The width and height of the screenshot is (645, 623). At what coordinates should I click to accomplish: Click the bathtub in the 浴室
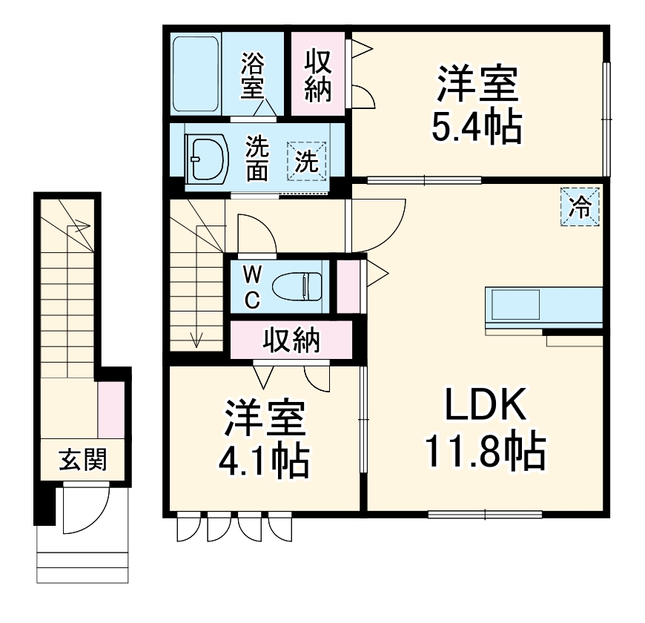click(196, 73)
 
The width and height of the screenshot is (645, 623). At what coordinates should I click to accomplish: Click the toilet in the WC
click(297, 285)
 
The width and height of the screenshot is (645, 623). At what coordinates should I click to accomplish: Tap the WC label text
click(253, 286)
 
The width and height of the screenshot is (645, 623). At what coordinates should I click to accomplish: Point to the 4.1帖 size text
click(262, 461)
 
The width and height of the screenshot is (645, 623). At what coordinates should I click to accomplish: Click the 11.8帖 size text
click(486, 450)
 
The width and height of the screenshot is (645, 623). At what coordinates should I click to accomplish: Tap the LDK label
click(486, 406)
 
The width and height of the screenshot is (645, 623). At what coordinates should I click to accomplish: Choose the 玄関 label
click(82, 461)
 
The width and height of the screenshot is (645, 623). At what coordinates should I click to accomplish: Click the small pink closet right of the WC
click(346, 286)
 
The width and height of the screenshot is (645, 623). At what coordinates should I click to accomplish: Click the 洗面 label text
click(257, 158)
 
